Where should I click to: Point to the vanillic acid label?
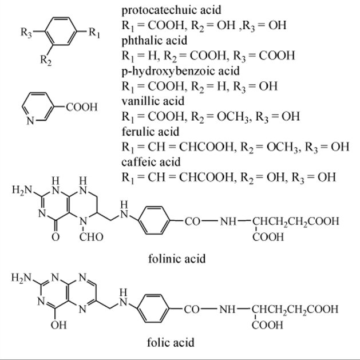(x=153, y=101)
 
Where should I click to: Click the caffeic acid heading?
(x=151, y=161)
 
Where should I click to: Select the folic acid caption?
(x=173, y=343)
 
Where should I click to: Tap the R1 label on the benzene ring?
(x=96, y=33)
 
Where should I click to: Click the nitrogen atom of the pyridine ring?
(x=30, y=120)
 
